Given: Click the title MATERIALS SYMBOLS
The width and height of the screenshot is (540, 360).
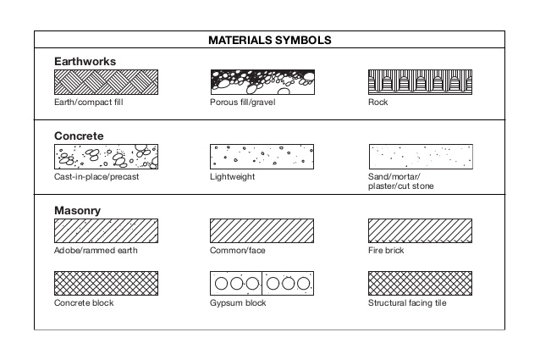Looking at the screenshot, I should coord(269,40).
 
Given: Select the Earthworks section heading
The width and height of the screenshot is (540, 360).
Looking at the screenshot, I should coord(85,62).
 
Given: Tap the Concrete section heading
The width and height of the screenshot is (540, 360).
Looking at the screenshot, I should coord(79,136).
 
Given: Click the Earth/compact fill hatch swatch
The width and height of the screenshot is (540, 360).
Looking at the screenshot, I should coord(106,82).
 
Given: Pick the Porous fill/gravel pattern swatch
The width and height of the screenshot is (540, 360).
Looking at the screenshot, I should coord(262,82).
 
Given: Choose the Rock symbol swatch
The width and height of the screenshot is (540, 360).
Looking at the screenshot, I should coord(420,82).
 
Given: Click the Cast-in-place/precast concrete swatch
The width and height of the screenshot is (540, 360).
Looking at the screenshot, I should coord(106,157).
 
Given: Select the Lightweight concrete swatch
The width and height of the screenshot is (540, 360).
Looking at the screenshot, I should coord(262,157).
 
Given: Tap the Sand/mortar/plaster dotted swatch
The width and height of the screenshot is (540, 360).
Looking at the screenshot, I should coord(420,157).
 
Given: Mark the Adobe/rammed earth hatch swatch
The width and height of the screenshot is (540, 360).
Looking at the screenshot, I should coord(106,231).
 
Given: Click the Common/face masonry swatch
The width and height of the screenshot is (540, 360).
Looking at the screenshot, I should coord(262,231).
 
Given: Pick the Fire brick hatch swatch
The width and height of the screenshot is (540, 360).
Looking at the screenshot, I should coord(420,231).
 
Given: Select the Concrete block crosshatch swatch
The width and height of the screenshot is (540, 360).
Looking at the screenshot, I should coord(106,283).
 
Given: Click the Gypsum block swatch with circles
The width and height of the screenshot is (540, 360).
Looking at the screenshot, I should coord(262,283).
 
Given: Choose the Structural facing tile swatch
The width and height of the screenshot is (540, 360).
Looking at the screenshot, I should coord(420,283).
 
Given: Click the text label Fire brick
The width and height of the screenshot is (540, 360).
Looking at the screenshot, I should coord(386,252).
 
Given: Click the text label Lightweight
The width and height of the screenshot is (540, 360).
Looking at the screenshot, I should coord(232,177).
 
